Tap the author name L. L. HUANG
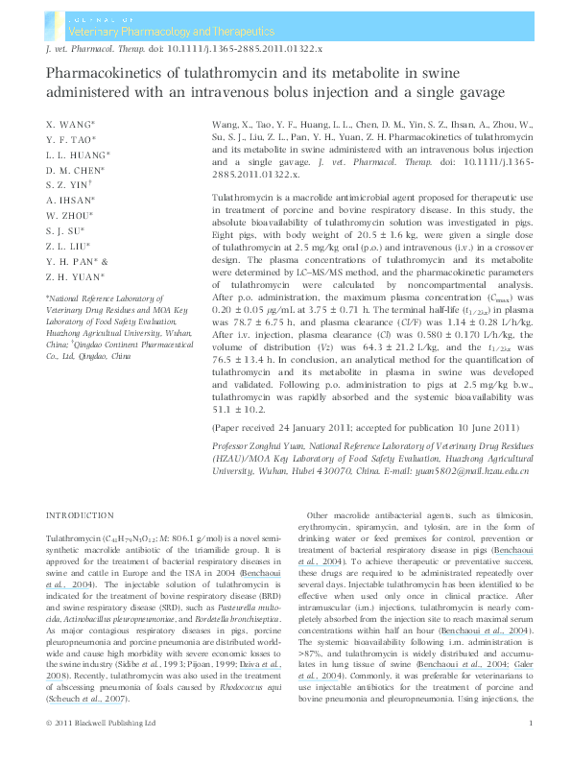click(78, 155)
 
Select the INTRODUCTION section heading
click(80, 515)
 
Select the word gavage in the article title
click(475, 90)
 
